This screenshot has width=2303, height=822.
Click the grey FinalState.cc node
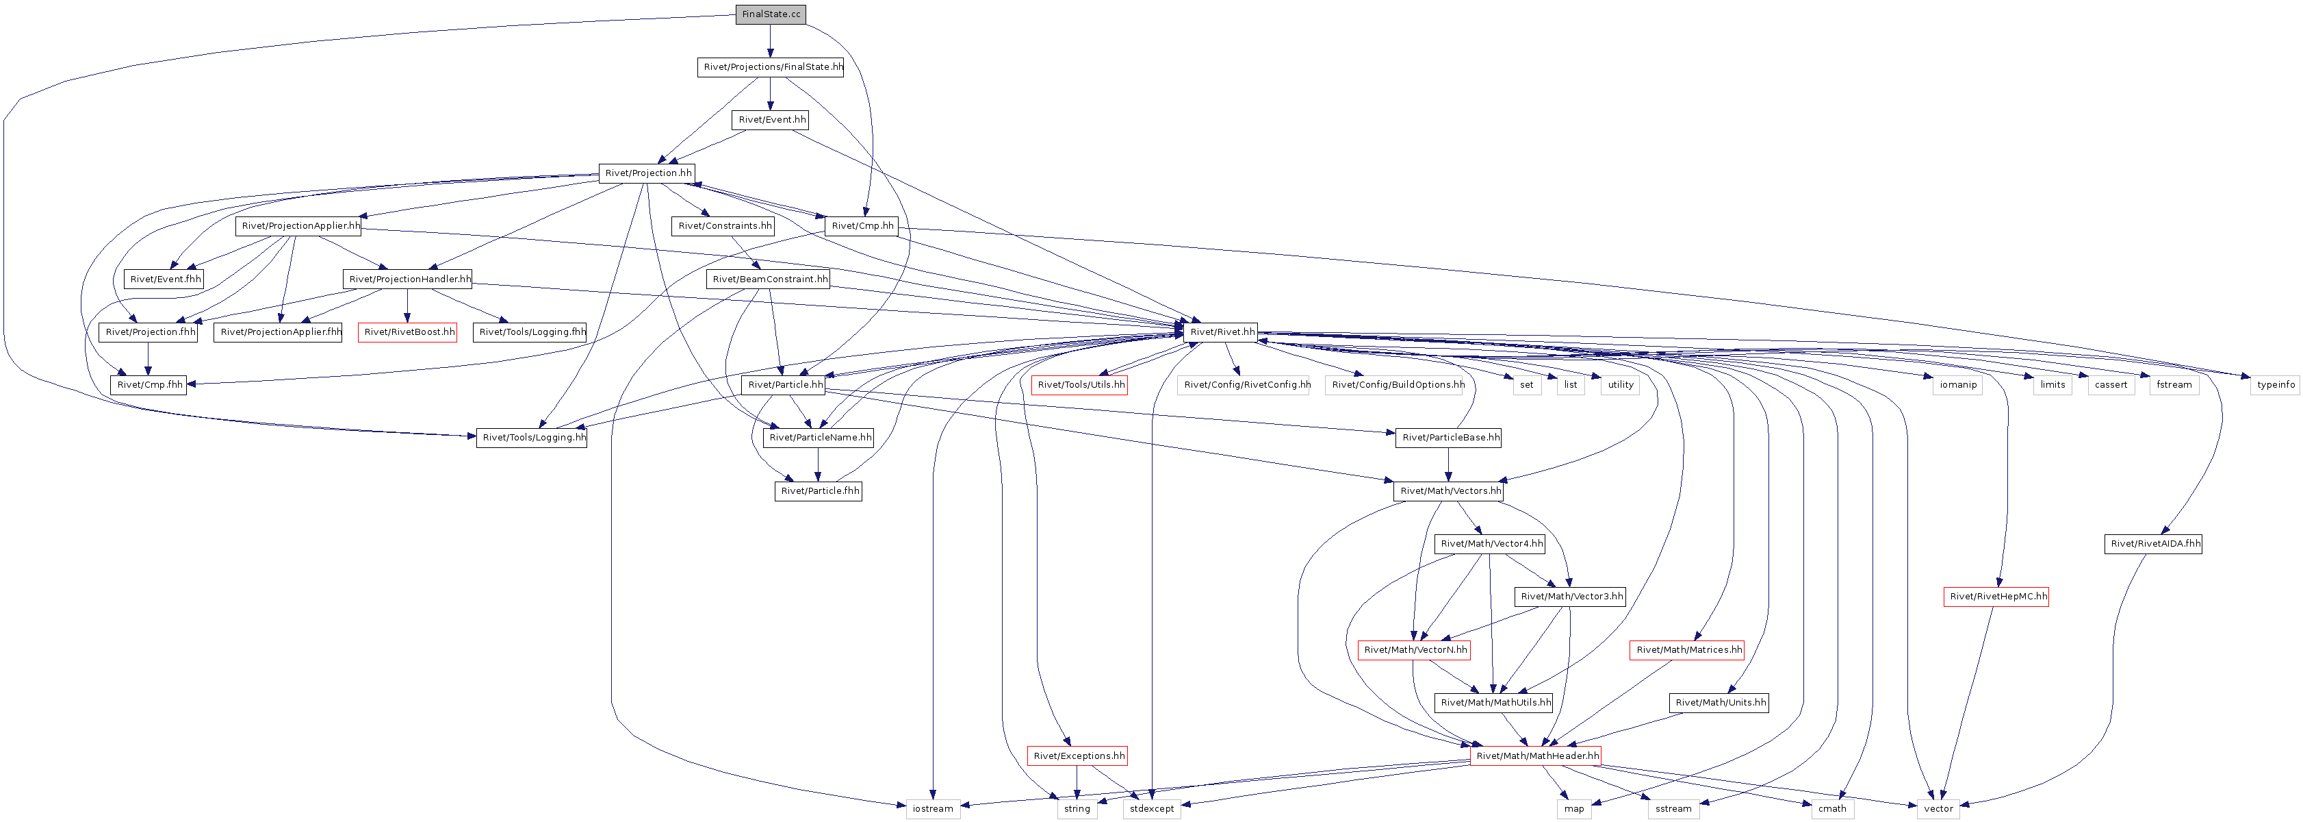[x=771, y=14]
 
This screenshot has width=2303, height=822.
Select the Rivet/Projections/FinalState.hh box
[x=771, y=67]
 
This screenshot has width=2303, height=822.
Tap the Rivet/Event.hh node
[x=771, y=120]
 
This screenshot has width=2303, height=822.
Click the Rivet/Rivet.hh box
[x=1221, y=332]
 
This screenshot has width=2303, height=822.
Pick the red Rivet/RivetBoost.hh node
[x=409, y=332]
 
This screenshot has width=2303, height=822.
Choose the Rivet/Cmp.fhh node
[x=149, y=384]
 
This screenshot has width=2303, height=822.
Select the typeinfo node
[x=2276, y=384]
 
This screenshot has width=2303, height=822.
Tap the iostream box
[x=932, y=808]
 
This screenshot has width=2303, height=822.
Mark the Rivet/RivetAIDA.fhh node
[x=2154, y=544]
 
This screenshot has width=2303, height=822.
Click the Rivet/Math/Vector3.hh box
[x=1570, y=597]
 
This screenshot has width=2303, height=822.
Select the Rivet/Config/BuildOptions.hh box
[x=1395, y=384]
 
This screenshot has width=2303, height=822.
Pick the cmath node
[x=1832, y=808]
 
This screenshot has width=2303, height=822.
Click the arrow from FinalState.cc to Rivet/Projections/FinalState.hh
[x=771, y=41]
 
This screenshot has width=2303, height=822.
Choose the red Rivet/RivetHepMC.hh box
[x=1996, y=597]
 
